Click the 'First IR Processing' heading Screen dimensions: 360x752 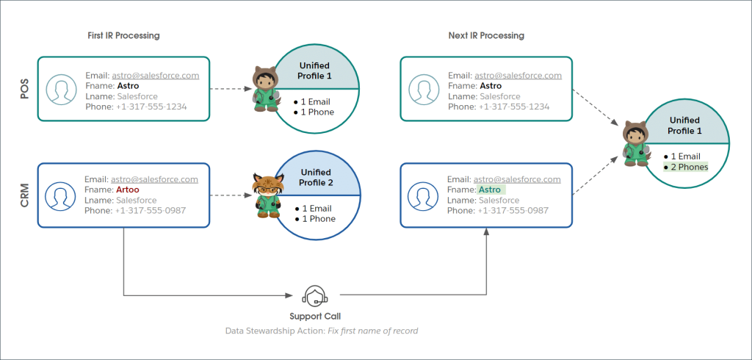pyautogui.click(x=123, y=35)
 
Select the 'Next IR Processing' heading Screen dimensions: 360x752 pyautogui.click(x=486, y=35)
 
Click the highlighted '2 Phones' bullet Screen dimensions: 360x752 pyautogui.click(x=685, y=167)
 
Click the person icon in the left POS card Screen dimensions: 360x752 pyautogui.click(x=59, y=89)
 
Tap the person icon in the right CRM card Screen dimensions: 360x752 pyautogui.click(x=422, y=195)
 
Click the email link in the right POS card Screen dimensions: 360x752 pyautogui.click(x=518, y=75)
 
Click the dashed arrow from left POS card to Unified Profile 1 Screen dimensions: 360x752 pyautogui.click(x=231, y=89)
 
